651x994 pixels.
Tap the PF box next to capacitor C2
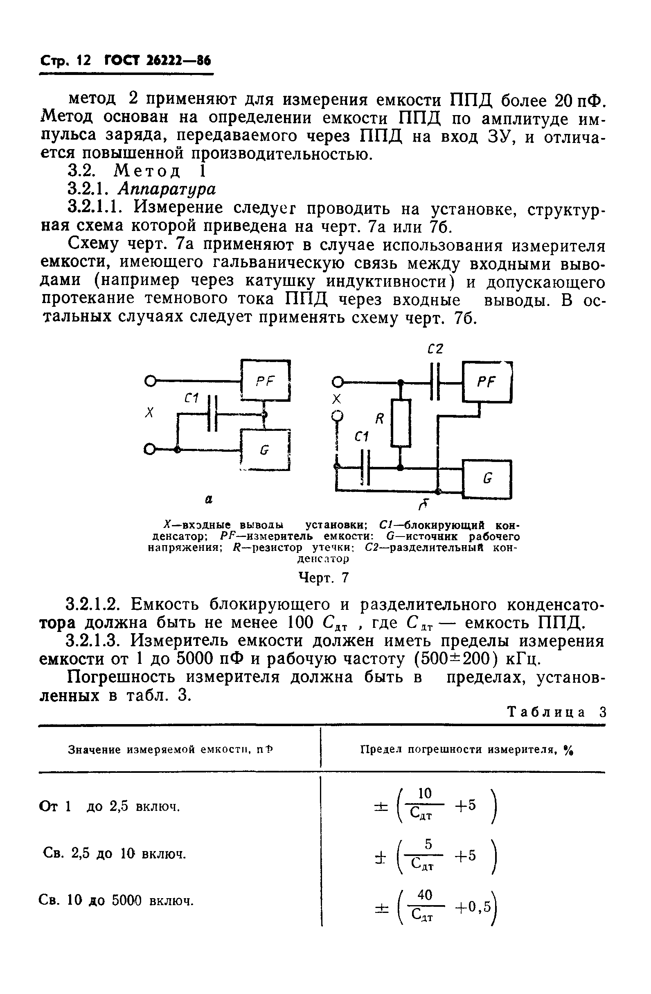tap(487, 382)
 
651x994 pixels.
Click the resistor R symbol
tap(401, 422)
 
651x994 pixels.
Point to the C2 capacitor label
tap(435, 348)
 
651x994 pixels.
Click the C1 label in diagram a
tap(191, 399)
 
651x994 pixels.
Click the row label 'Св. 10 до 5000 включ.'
tap(117, 900)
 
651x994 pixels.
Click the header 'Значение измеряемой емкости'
tap(171, 750)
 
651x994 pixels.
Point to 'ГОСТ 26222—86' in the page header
tap(158, 61)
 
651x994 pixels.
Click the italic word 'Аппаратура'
tap(167, 189)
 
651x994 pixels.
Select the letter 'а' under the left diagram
tap(209, 499)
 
